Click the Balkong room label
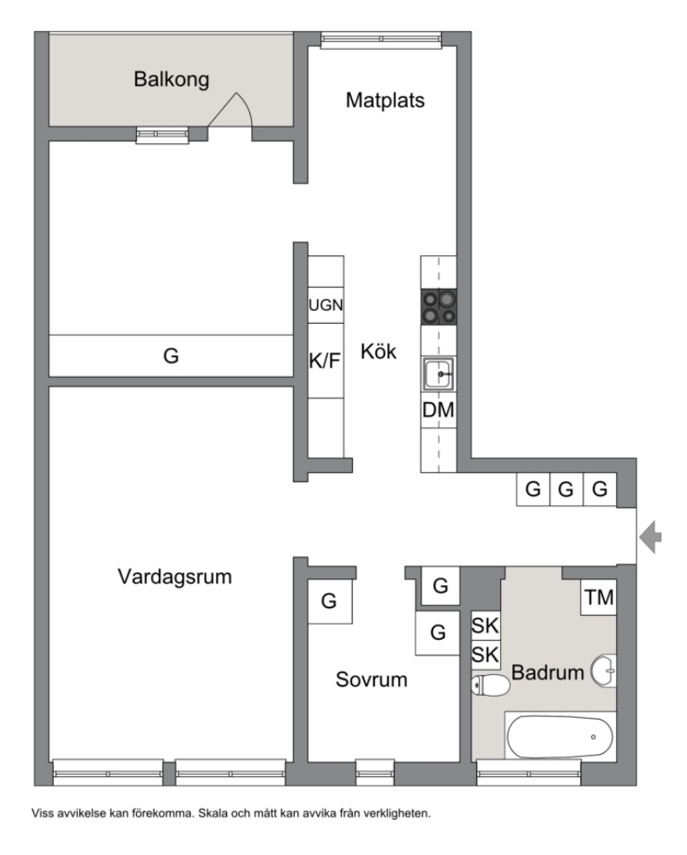tap(171, 80)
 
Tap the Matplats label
tap(385, 100)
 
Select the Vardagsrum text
tap(175, 577)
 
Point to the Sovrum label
tap(371, 679)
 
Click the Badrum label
tap(547, 673)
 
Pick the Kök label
tap(379, 351)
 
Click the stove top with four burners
tap(439, 307)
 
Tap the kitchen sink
tap(439, 374)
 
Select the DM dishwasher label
tap(439, 410)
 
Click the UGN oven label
tap(326, 305)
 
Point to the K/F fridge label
tap(325, 361)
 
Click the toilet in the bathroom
tap(490, 685)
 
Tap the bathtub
tap(560, 737)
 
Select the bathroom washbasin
tap(604, 671)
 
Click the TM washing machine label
tap(599, 598)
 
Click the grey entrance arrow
tap(650, 537)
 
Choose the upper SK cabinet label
tap(485, 625)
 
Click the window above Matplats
tap(380, 39)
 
